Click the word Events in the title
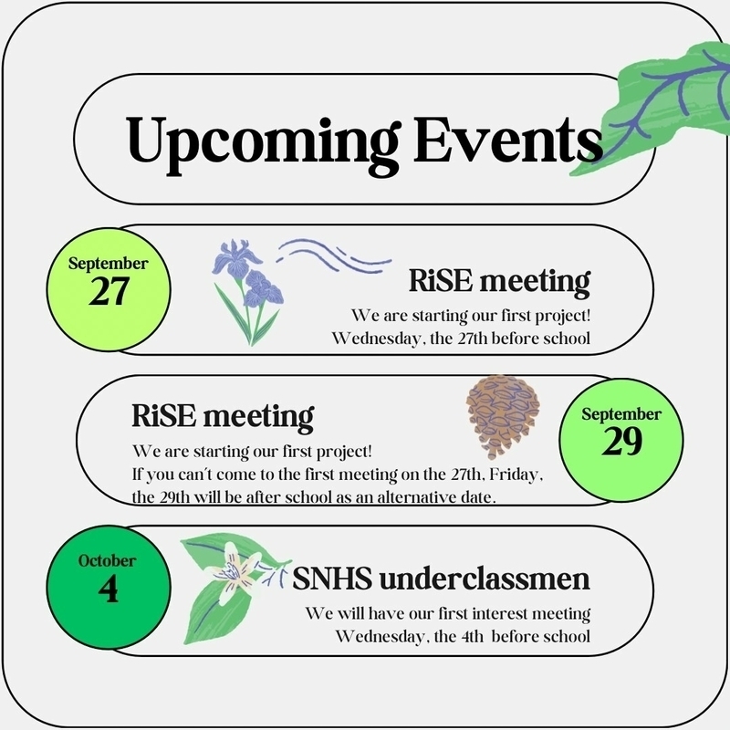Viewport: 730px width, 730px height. (x=507, y=139)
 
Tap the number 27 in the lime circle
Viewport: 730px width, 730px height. (x=109, y=291)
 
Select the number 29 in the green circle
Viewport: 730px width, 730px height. (x=621, y=442)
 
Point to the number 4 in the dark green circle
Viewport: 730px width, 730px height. (x=108, y=589)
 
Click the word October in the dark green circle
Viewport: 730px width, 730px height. (x=107, y=560)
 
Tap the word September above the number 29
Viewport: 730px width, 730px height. (x=621, y=414)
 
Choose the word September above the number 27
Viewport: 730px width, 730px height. (x=108, y=264)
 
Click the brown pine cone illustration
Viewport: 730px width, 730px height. (x=503, y=417)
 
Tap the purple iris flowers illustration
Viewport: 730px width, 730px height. (x=248, y=292)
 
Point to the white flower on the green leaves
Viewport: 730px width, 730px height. (x=236, y=571)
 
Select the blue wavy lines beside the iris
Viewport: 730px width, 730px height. (x=334, y=255)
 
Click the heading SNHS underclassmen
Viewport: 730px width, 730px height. (x=442, y=579)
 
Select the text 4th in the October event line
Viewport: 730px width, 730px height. (x=473, y=636)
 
